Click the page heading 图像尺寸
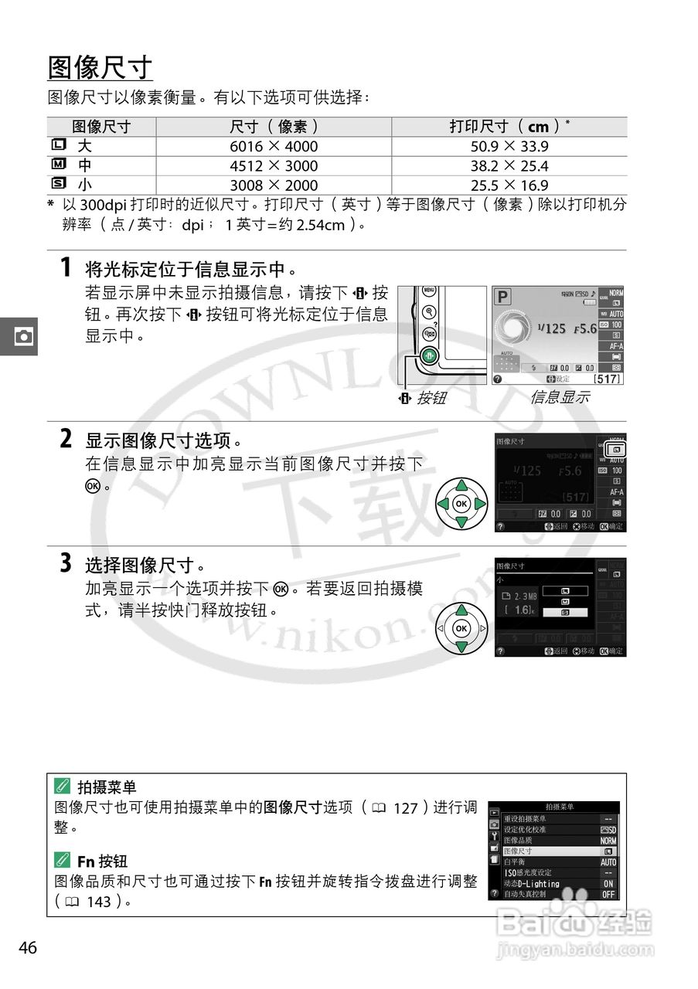pos(100,68)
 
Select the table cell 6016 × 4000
pos(274,147)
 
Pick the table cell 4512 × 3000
pos(274,166)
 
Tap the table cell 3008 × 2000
pos(274,185)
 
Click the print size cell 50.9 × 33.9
pos(509,147)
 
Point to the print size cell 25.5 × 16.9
pos(509,185)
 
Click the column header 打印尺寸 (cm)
pos(509,127)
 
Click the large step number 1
pos(67,268)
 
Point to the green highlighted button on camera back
pos(431,356)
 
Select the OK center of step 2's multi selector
pos(461,504)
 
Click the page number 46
pos(28,948)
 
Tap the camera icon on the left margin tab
pos(24,337)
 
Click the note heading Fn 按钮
pos(102,861)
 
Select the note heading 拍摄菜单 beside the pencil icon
pos(107,787)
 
